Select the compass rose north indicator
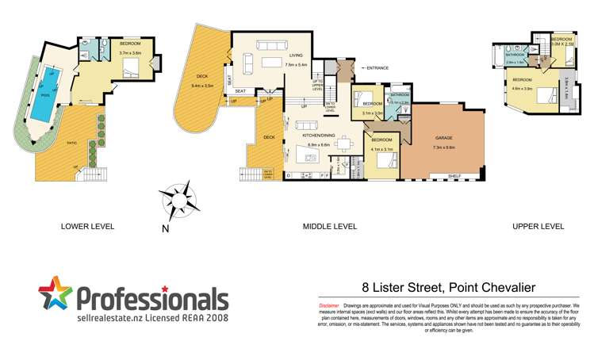pyautogui.click(x=175, y=200)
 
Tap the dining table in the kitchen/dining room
pyautogui.click(x=343, y=144)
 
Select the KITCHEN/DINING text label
pyautogui.click(x=316, y=136)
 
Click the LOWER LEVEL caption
pyautogui.click(x=87, y=226)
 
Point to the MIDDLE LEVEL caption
pyautogui.click(x=329, y=226)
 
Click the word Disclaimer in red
pyautogui.click(x=328, y=305)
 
